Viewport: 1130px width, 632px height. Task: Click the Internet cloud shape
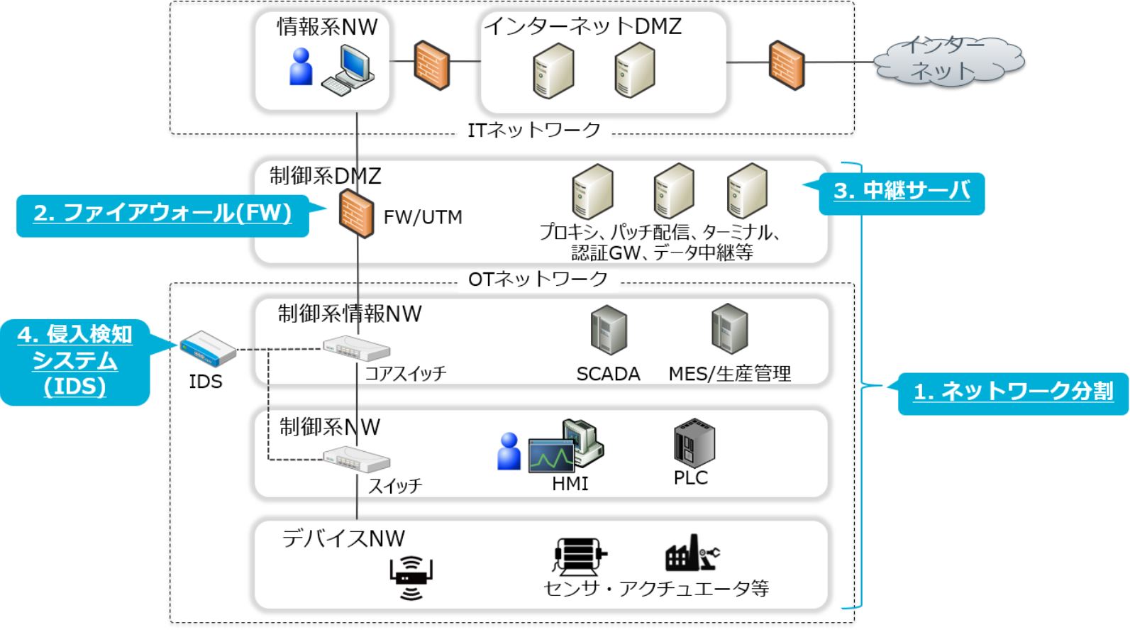point(949,61)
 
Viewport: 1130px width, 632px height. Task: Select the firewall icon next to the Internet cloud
point(787,65)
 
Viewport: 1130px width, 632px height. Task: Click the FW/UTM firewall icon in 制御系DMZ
point(356,214)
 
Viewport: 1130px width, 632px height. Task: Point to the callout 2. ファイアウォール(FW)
point(162,214)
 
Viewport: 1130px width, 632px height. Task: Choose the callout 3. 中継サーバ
point(902,192)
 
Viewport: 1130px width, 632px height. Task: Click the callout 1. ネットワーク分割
point(1012,392)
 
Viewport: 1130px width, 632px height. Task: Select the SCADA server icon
point(609,330)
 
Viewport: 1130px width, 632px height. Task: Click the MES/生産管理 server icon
point(729,328)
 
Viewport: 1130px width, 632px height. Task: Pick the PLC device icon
point(693,443)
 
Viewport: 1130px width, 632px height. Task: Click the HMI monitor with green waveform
point(552,456)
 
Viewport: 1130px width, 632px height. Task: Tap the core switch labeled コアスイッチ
point(356,348)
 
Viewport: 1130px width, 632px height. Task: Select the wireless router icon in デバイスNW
point(411,577)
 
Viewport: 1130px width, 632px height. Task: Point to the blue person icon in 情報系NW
point(301,67)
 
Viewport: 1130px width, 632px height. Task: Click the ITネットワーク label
point(533,131)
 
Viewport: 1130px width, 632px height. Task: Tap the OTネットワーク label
point(538,279)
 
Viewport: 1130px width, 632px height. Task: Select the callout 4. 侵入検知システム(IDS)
point(75,362)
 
